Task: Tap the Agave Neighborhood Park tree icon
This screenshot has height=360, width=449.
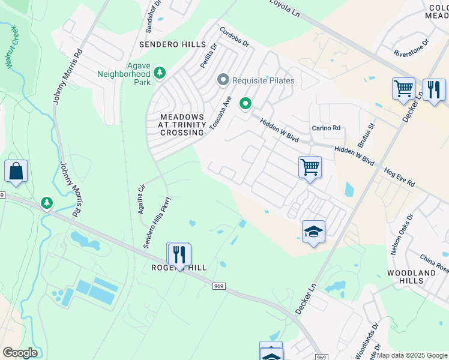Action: point(160,73)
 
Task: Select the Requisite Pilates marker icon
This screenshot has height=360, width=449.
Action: point(223,80)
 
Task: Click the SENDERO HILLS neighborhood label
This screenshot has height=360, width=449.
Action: point(172,45)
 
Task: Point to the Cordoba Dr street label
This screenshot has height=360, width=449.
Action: point(234,37)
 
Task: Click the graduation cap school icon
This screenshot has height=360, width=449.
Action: point(313,232)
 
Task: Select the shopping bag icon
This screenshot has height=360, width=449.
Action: point(16,171)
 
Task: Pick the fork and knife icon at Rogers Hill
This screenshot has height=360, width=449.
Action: point(179,254)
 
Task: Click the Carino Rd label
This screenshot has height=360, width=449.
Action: point(326,128)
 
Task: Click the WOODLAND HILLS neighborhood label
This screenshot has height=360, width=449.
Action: point(411,277)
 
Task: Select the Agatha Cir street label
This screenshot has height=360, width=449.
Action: point(142,199)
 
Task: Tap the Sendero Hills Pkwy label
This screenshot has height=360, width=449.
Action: point(157,223)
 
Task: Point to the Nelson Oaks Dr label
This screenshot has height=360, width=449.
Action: point(402,235)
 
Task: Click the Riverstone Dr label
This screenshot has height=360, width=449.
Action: point(411,48)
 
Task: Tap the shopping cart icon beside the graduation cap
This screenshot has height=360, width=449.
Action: point(310,167)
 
